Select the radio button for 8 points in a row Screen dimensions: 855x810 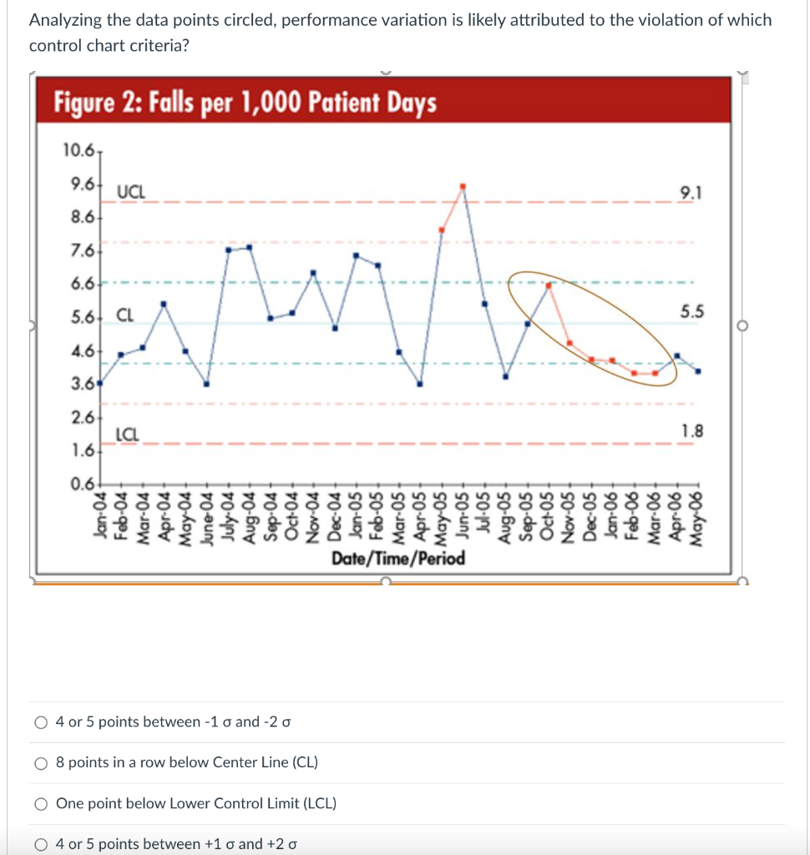pos(40,762)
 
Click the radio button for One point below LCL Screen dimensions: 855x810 pos(40,803)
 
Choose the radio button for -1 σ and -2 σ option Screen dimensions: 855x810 pos(40,721)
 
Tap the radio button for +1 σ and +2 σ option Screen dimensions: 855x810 pos(40,843)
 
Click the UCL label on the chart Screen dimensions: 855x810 pos(130,191)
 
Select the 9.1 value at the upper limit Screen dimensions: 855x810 pos(691,194)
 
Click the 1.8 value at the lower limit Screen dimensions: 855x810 pos(692,432)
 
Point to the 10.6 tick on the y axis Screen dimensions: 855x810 pos(78,150)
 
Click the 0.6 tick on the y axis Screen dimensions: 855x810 pos(82,484)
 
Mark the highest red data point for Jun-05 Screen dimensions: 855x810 pos(463,186)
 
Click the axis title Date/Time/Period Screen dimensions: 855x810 pos(397,558)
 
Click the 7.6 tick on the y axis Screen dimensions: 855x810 pos(82,250)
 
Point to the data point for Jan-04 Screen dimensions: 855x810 pos(100,383)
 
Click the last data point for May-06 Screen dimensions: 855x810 pos(698,372)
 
